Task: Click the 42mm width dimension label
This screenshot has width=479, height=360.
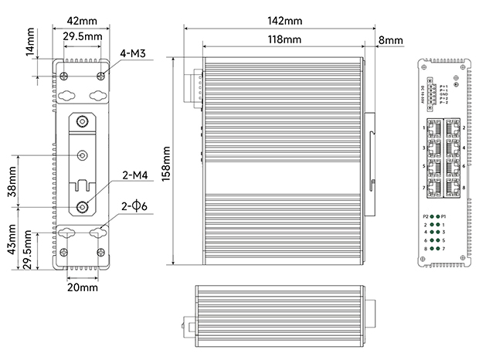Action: pyautogui.click(x=81, y=19)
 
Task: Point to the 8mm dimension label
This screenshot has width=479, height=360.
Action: pyautogui.click(x=390, y=39)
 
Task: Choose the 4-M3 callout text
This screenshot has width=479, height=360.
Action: pyautogui.click(x=134, y=54)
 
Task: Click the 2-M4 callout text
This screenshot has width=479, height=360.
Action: pyautogui.click(x=134, y=177)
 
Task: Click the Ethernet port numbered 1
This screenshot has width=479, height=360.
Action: pyautogui.click(x=433, y=127)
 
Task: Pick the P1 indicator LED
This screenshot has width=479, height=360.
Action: pyautogui.click(x=437, y=216)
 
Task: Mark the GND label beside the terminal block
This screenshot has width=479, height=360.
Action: pyautogui.click(x=443, y=93)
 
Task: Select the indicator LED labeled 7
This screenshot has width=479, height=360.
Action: pyautogui.click(x=437, y=248)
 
